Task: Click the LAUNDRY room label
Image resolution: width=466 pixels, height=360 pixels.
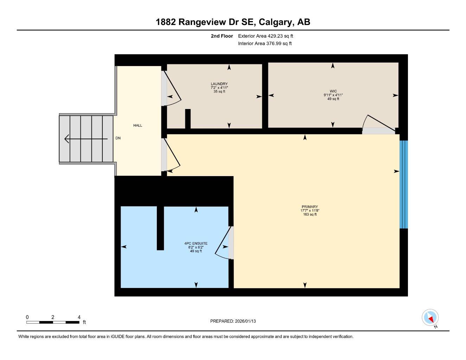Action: tap(217, 84)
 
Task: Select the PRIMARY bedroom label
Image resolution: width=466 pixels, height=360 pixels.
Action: tap(309, 207)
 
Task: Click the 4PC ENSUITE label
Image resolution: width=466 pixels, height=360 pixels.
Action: tap(196, 243)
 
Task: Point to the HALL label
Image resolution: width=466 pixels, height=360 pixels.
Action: tap(138, 126)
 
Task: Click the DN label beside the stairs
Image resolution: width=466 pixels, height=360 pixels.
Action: tap(118, 138)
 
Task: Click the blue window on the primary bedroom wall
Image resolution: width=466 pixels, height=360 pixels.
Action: tap(404, 185)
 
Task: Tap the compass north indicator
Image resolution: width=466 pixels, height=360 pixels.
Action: tap(430, 318)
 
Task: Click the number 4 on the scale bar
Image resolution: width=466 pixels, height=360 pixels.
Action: tap(78, 317)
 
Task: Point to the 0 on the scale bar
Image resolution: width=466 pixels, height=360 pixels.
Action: tap(27, 317)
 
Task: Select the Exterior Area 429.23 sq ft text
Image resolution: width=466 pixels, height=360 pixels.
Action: tap(266, 36)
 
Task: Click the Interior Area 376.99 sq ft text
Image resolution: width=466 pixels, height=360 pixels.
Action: tap(265, 44)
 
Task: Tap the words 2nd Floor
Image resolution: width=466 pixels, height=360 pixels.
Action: tap(222, 36)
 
